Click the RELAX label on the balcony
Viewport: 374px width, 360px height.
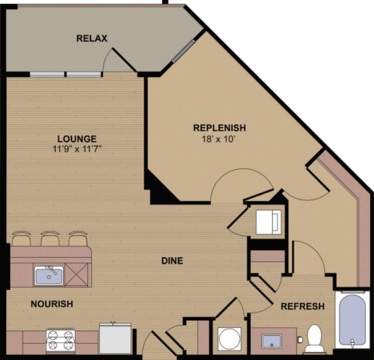coord(92,38)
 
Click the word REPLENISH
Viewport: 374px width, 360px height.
coord(220,128)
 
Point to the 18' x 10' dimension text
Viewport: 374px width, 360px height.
coord(220,139)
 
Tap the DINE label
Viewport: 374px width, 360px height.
coord(173,260)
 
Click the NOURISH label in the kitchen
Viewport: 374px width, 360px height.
coord(53,304)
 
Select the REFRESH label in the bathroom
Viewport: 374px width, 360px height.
coord(302,306)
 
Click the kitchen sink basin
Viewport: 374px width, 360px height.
coord(48,275)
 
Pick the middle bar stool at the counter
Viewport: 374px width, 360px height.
coord(51,238)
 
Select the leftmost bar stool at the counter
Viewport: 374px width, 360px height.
coord(22,238)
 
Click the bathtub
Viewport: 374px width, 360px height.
coord(352,323)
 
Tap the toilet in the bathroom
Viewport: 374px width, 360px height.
coord(316,337)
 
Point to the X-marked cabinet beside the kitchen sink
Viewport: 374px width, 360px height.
coord(79,275)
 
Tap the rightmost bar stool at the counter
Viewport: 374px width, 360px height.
coord(79,238)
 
